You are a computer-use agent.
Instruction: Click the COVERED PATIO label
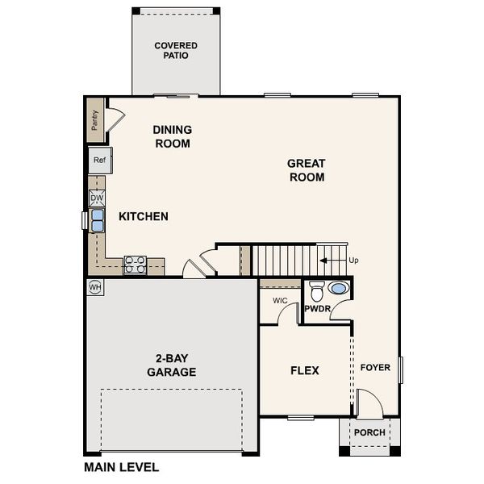(x=176, y=51)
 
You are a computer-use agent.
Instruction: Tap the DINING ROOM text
(x=172, y=136)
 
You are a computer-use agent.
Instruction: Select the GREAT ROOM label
(x=306, y=169)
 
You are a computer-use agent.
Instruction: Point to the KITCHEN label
(x=144, y=216)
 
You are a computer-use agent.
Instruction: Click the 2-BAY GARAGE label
(x=171, y=365)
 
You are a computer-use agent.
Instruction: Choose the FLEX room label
(x=305, y=370)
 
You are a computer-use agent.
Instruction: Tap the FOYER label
(x=375, y=367)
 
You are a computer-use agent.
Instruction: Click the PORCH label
(x=369, y=432)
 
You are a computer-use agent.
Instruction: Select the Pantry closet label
(x=94, y=120)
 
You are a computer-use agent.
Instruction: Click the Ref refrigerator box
(x=99, y=160)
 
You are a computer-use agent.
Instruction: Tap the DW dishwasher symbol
(x=97, y=198)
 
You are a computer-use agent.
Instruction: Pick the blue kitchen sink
(x=97, y=219)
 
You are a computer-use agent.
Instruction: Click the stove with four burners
(x=135, y=265)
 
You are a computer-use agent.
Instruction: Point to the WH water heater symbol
(x=94, y=286)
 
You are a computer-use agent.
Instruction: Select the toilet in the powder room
(x=316, y=290)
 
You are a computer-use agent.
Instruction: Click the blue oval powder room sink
(x=339, y=288)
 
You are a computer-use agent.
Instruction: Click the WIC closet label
(x=280, y=300)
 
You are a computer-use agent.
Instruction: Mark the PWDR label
(x=316, y=308)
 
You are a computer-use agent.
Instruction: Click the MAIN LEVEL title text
(x=121, y=466)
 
